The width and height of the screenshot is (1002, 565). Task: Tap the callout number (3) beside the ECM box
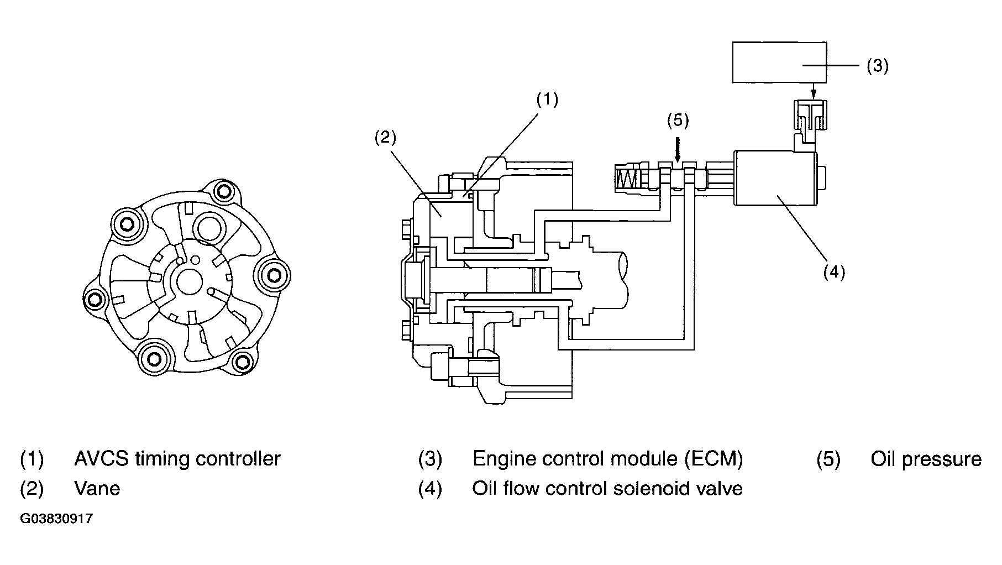click(x=877, y=66)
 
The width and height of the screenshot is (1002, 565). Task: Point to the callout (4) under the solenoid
click(x=834, y=272)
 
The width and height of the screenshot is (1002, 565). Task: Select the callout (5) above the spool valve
click(x=678, y=121)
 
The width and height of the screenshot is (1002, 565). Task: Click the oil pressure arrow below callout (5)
click(x=678, y=149)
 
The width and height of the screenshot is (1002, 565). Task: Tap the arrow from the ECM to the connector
click(x=812, y=92)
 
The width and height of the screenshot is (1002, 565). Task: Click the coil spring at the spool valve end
click(x=627, y=179)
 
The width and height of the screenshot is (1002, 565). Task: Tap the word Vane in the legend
click(x=97, y=488)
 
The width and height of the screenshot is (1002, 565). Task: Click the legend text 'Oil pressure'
click(x=926, y=459)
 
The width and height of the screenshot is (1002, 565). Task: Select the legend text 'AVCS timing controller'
click(x=177, y=459)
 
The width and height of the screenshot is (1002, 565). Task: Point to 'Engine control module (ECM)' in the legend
click(x=608, y=459)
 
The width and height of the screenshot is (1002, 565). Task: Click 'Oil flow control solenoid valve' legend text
click(x=607, y=488)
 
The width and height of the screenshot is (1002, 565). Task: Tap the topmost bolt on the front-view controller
click(x=223, y=192)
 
